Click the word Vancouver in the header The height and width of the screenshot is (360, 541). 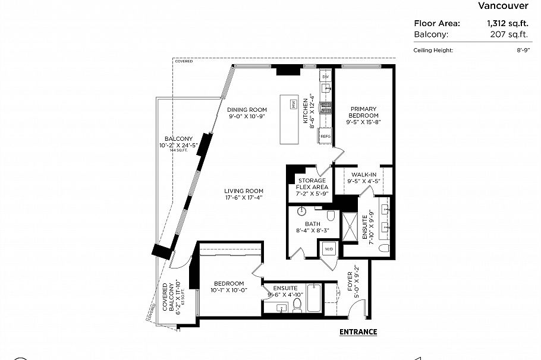pos(503,7)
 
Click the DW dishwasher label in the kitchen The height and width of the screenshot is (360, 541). pos(325,77)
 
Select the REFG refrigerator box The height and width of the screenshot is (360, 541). pos(325,137)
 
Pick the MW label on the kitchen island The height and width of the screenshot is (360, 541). pos(293,105)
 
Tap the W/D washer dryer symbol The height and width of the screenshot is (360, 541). pos(329,249)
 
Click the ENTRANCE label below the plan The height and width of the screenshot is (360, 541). pos(358,332)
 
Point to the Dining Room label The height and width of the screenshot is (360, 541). pos(247,109)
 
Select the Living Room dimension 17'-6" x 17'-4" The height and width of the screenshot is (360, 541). pos(244,198)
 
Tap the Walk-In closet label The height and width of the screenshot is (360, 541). pos(364,174)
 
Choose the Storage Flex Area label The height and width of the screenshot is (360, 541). pos(312,184)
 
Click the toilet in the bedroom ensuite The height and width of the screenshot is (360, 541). pos(298,305)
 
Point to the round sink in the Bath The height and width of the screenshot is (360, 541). pos(302,211)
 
